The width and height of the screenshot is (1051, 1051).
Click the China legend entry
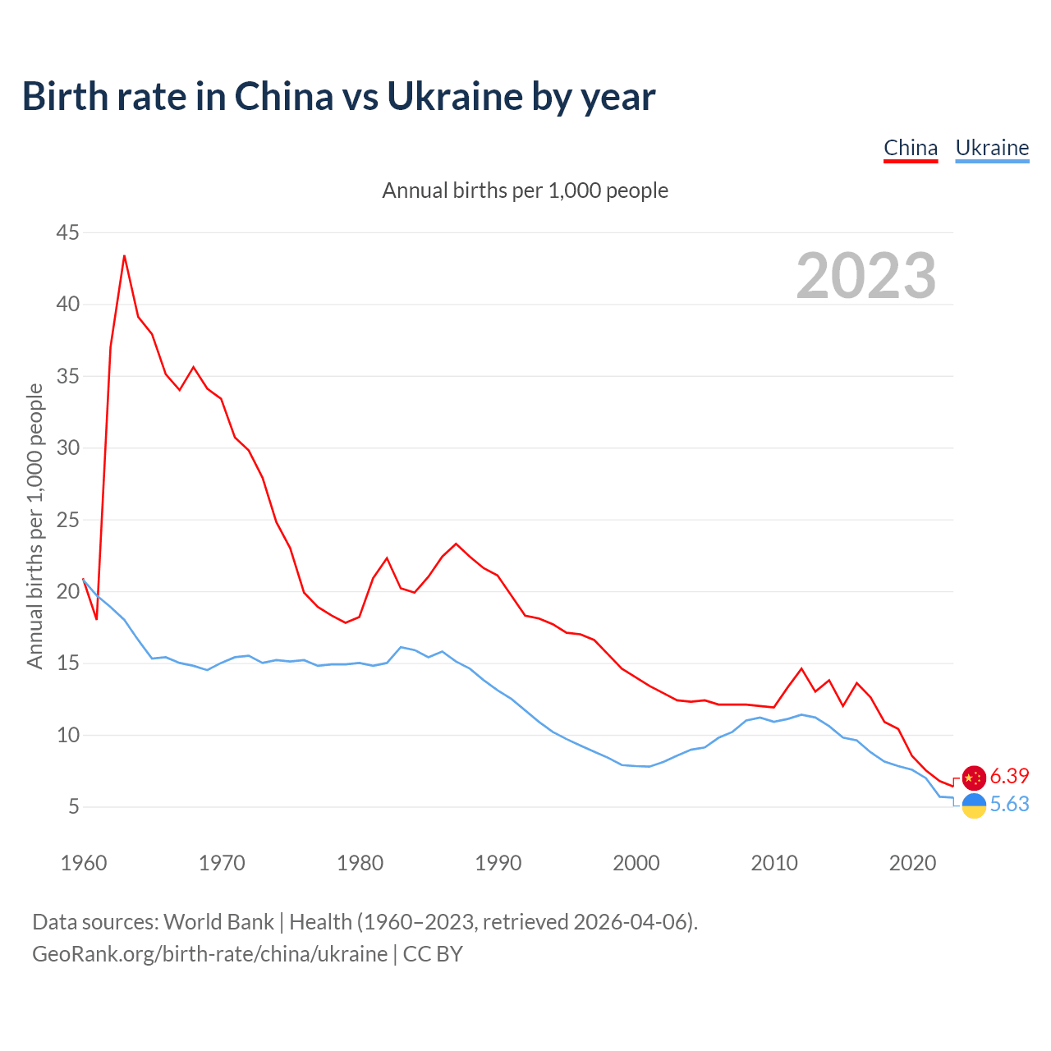coord(911,148)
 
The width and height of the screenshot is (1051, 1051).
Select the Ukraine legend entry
coord(992,148)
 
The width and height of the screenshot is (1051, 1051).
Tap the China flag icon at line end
coord(974,778)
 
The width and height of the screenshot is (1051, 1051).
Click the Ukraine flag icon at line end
coord(974,805)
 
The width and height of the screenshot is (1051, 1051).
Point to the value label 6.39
coord(1009,776)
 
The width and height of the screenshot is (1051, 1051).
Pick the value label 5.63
coord(1009,804)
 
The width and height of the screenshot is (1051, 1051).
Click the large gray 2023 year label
coord(866,276)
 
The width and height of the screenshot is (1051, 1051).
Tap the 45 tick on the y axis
coord(68,233)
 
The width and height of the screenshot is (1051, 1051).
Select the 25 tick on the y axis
coord(68,520)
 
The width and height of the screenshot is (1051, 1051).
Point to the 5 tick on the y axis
coord(74,807)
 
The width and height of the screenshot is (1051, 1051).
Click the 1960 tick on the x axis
coord(84,863)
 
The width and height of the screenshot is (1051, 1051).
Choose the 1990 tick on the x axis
coord(498,863)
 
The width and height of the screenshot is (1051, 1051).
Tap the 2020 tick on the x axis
coord(912,863)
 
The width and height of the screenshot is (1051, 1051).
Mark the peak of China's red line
coord(125,256)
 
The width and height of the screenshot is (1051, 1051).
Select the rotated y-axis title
coord(34,526)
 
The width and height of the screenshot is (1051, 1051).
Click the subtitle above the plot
coord(525,190)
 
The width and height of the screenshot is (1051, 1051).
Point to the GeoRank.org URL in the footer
coord(209,954)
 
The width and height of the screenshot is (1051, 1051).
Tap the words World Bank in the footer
coord(218,922)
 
